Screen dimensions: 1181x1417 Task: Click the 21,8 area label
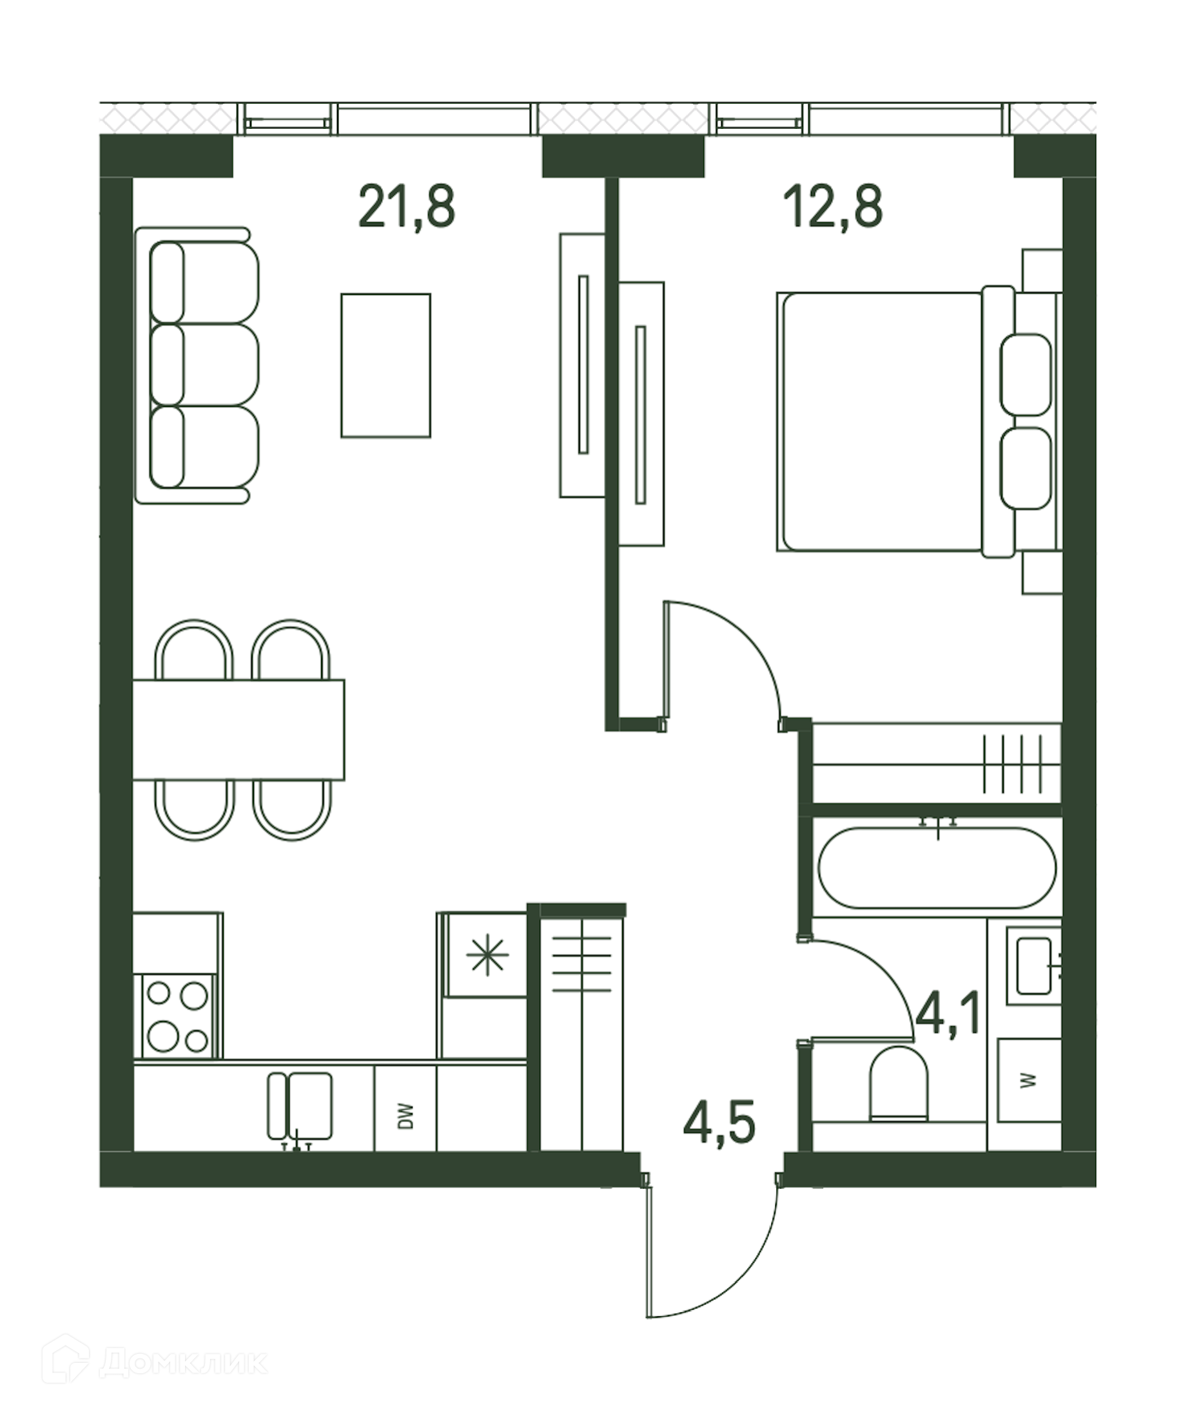[407, 207]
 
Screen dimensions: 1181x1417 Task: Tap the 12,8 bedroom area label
[833, 207]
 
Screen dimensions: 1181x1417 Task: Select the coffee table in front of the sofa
[386, 365]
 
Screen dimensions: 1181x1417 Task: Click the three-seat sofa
[197, 365]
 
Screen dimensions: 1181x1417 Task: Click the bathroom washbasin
[1033, 965]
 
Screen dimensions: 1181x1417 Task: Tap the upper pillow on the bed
[1025, 375]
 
